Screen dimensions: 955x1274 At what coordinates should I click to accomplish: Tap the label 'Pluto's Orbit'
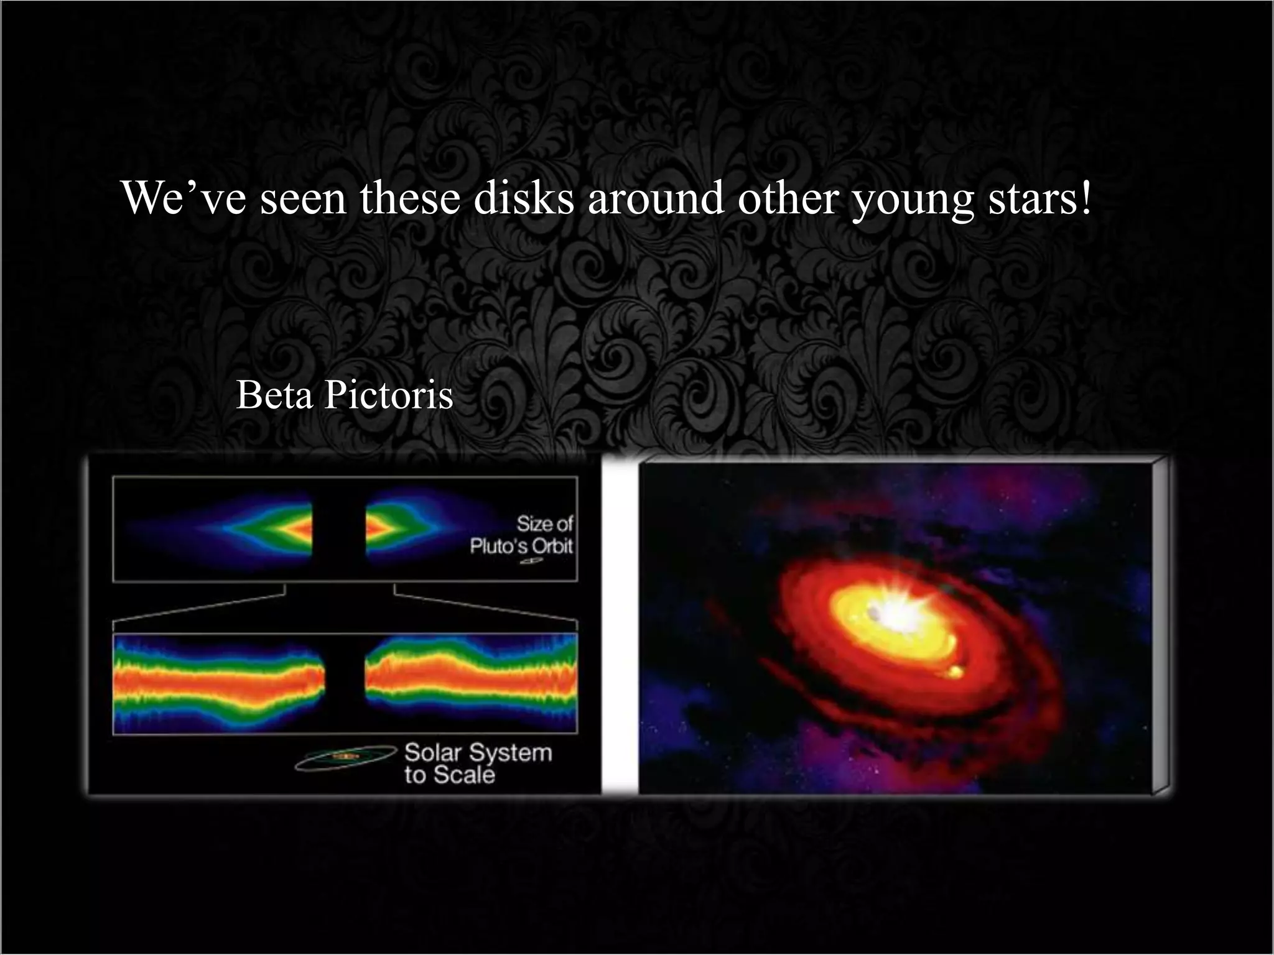521,547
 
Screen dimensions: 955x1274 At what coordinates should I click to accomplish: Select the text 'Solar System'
478,753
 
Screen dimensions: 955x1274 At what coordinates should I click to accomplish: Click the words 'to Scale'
449,775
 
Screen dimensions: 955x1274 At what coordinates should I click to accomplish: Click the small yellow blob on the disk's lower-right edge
953,672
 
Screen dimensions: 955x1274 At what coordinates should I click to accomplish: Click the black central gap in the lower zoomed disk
344,683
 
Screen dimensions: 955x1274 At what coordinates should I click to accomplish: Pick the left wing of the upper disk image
261,528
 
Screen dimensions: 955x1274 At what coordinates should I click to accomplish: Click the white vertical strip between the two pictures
620,628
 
